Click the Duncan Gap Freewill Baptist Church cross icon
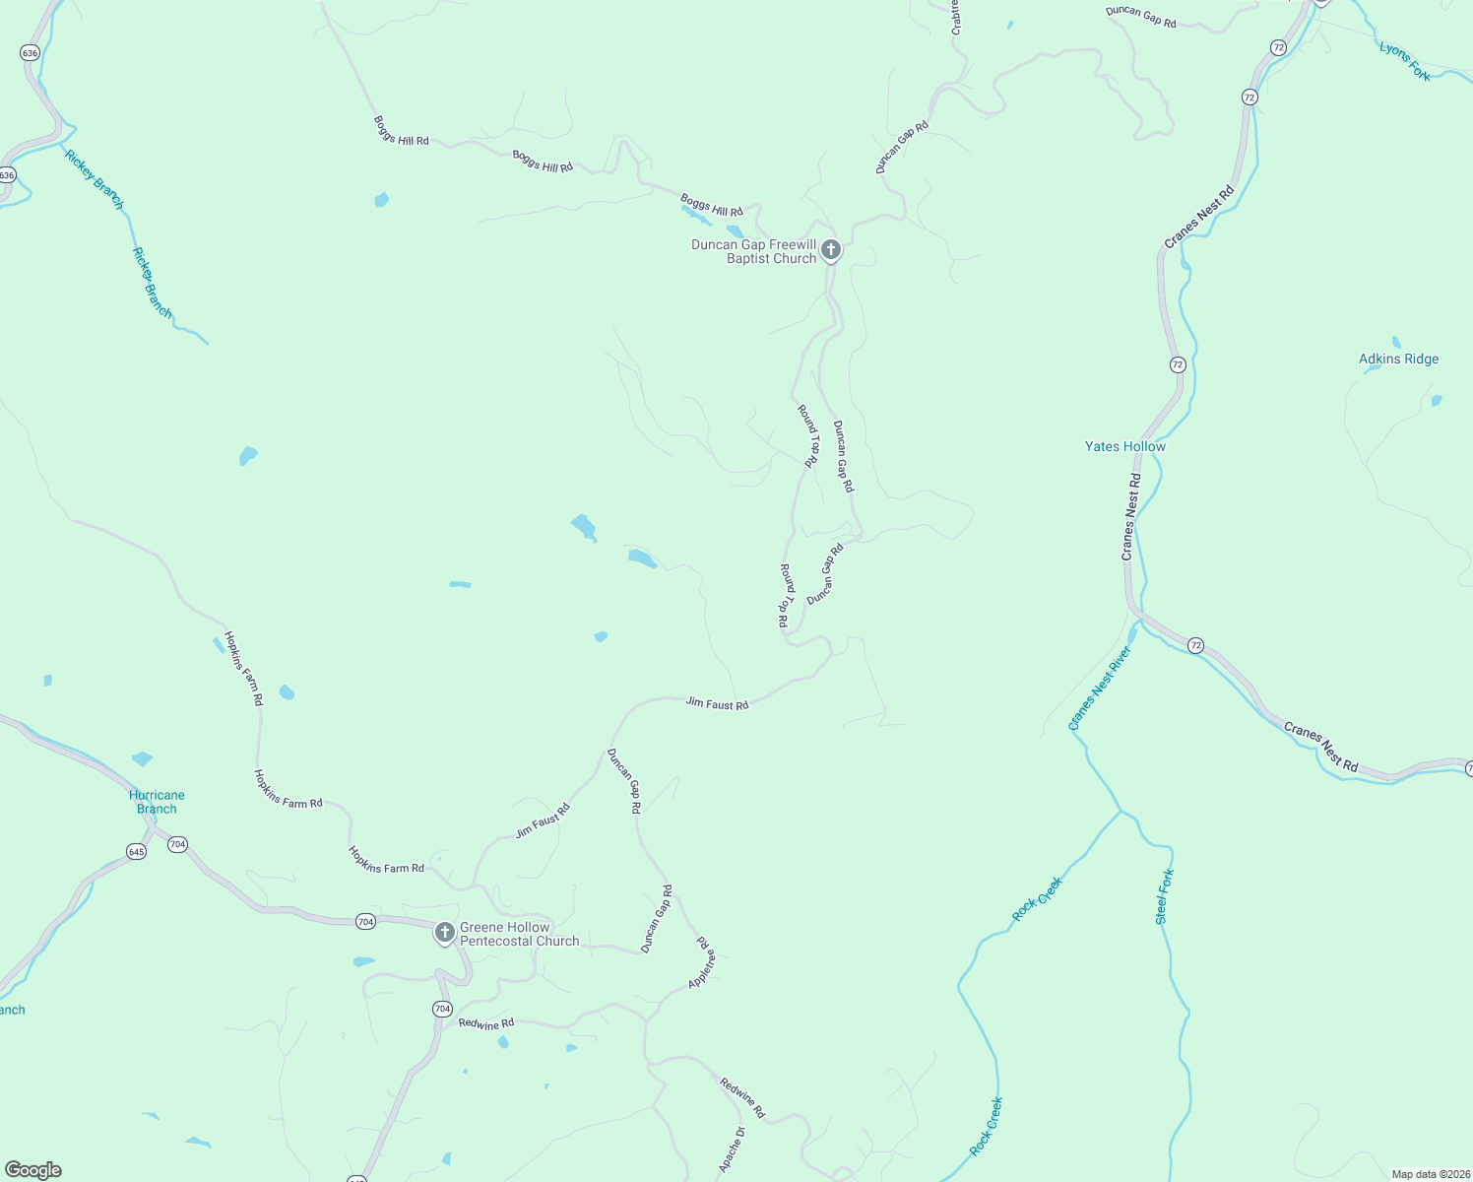831,250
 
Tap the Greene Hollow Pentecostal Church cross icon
444,932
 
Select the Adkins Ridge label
1398,360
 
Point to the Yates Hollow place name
1124,446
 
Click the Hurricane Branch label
157,802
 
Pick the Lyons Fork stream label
1404,61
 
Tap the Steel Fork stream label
1165,896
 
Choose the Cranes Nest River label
1100,689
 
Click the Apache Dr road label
732,1149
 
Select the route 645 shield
136,851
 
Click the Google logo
33,1170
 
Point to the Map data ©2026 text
1429,1174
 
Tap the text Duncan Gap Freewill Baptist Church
754,251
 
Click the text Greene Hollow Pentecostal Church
520,934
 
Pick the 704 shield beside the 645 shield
177,844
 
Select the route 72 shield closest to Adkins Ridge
1178,364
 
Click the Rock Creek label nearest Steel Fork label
1038,899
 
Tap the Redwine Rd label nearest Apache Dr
742,1097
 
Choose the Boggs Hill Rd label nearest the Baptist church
711,206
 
